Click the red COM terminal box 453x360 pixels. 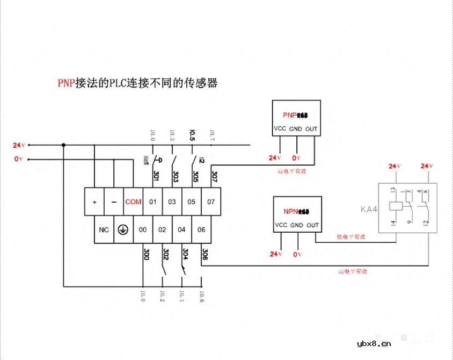[x=133, y=202]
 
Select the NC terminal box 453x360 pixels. [x=104, y=229]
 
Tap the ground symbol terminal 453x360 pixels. [x=123, y=229]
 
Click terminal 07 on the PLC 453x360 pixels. [x=211, y=202]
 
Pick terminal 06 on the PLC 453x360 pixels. [x=201, y=229]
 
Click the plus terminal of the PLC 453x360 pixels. [x=94, y=202]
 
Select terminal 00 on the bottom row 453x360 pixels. [x=143, y=229]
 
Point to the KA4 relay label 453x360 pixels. [x=369, y=209]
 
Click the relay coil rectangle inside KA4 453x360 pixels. [x=396, y=206]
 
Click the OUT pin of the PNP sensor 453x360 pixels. [x=311, y=129]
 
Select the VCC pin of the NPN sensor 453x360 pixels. [x=281, y=225]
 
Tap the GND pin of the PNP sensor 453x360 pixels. [x=296, y=129]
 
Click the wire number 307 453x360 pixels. [x=214, y=176]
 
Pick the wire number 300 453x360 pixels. [x=146, y=254]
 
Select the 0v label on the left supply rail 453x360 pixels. [x=19, y=159]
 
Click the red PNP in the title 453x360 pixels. [x=67, y=83]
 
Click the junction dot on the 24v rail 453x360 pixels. [x=64, y=145]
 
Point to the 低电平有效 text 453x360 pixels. [x=350, y=236]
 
